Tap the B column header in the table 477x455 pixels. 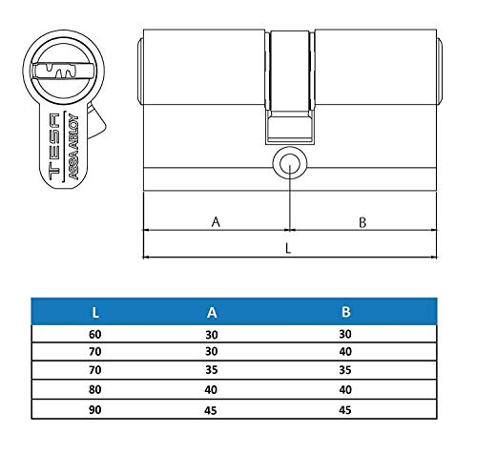tap(345, 311)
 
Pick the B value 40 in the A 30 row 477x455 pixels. tap(345, 353)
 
